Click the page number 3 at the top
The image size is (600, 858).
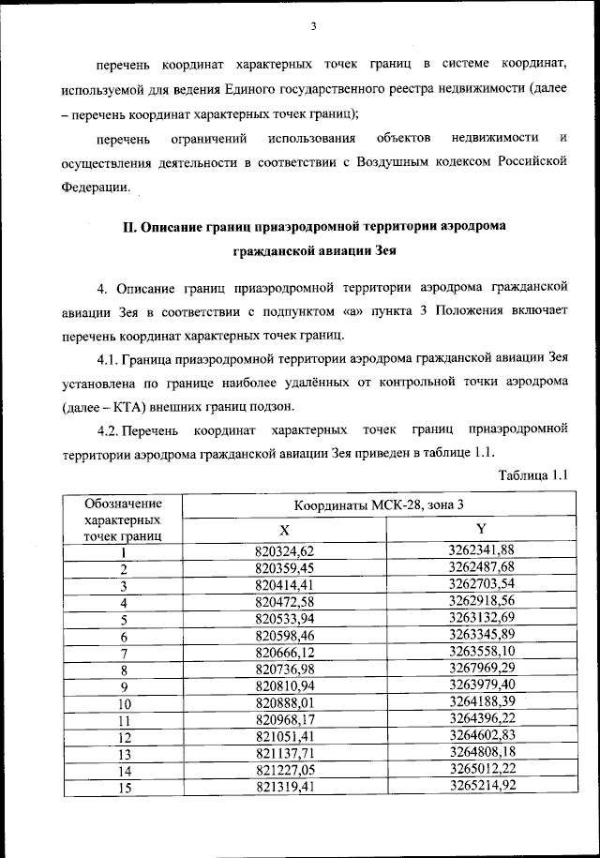[313, 27]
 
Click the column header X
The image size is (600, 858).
[297, 529]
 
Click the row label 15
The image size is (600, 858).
[123, 788]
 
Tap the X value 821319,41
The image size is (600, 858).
[297, 788]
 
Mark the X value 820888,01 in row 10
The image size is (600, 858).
[297, 702]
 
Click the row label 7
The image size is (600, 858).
[123, 652]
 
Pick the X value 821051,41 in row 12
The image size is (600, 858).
[297, 736]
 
